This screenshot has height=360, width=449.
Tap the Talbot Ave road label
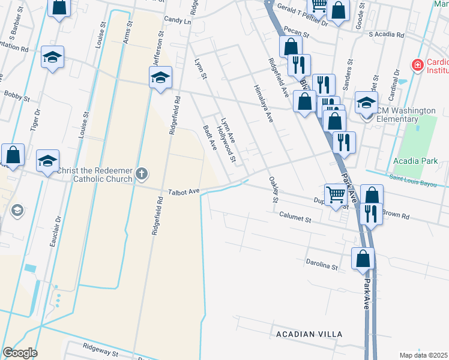(184, 192)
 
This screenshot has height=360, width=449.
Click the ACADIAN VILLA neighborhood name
(309, 334)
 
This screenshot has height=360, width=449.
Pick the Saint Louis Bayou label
(414, 178)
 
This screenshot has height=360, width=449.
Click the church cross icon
(142, 174)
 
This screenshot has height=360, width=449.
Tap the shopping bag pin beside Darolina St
(363, 259)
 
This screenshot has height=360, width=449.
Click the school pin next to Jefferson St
(161, 77)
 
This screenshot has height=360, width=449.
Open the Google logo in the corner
(20, 353)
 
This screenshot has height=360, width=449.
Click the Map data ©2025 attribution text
(424, 355)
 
